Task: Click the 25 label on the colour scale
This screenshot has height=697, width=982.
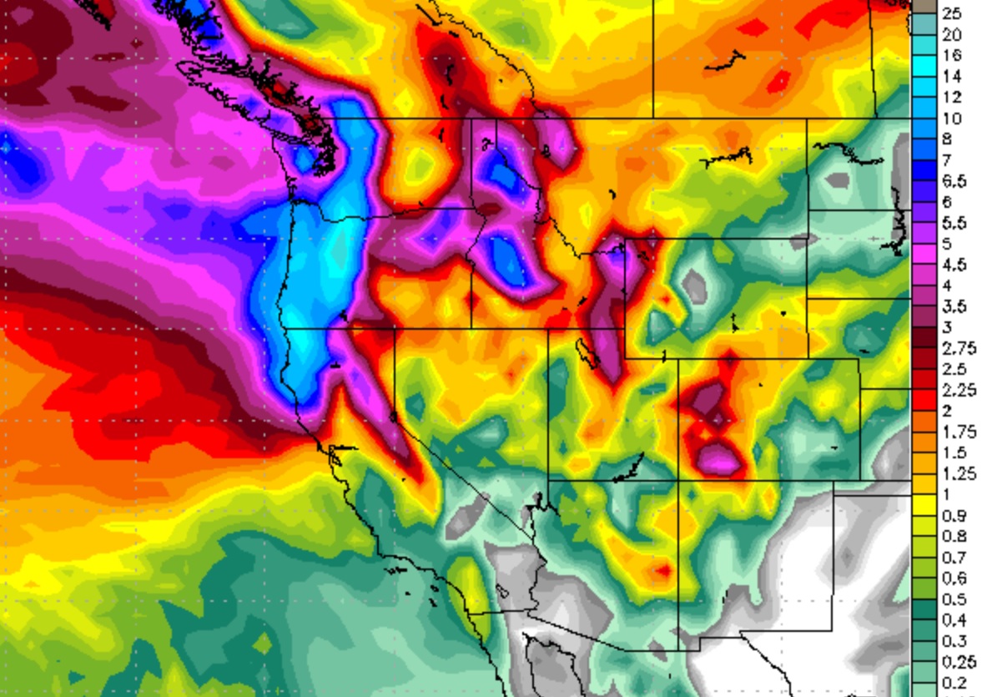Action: point(951,13)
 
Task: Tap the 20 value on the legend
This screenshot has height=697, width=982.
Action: point(951,34)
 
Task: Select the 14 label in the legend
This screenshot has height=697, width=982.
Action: point(951,76)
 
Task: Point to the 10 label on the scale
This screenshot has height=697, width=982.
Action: point(951,119)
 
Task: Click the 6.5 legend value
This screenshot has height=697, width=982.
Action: point(954,181)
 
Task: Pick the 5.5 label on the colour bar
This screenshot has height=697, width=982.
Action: point(954,223)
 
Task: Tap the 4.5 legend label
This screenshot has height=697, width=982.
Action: point(954,265)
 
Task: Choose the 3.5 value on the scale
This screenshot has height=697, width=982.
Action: point(954,306)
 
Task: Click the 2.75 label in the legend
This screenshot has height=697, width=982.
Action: point(956,348)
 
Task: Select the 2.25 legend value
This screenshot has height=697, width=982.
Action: point(956,390)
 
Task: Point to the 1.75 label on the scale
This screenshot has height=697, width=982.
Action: point(956,432)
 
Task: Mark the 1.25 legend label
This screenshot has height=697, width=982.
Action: point(956,473)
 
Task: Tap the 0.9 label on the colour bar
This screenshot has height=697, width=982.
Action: point(954,516)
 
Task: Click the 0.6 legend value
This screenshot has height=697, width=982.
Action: point(954,578)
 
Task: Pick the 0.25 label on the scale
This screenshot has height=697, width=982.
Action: point(956,662)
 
